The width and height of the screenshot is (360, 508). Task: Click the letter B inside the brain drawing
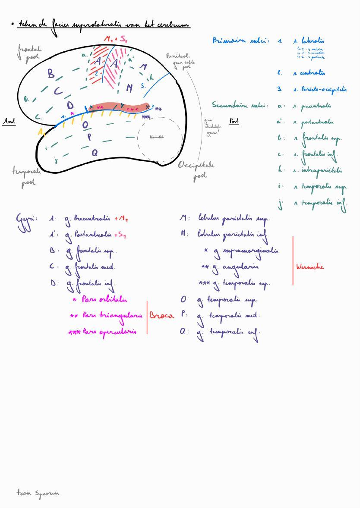click(51, 74)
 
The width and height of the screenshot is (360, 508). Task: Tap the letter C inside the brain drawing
click(58, 91)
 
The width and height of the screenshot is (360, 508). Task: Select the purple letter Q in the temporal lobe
click(95, 153)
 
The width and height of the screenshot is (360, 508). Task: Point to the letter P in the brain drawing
click(89, 138)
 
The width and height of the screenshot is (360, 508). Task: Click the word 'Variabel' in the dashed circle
click(157, 137)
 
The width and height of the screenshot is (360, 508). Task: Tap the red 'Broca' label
click(161, 315)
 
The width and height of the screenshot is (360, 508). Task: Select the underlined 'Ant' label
click(9, 122)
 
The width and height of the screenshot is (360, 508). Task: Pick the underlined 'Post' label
click(234, 121)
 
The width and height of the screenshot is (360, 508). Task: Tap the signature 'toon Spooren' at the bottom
click(38, 493)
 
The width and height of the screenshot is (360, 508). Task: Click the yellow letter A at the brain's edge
click(41, 132)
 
